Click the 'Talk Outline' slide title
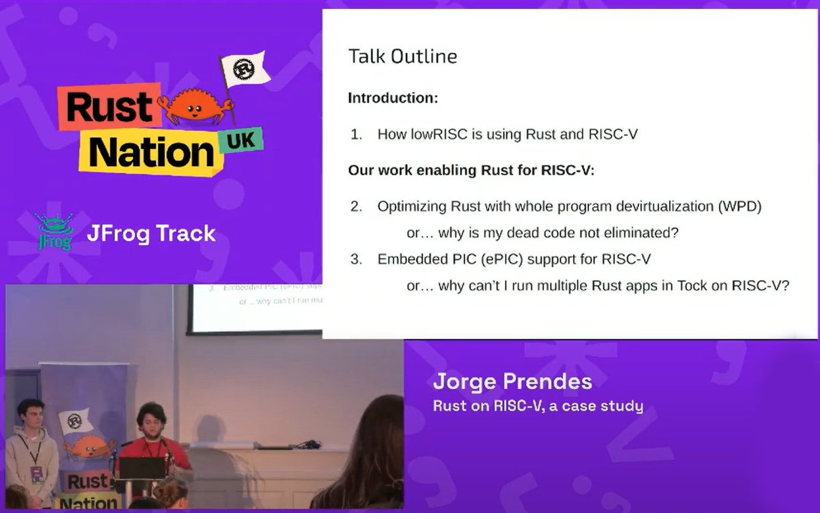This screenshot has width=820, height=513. click(402, 56)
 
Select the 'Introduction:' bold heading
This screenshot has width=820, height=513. click(393, 98)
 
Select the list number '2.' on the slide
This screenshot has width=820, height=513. click(356, 206)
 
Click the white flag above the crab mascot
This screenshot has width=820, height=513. click(245, 68)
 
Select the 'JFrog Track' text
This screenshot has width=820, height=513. click(151, 234)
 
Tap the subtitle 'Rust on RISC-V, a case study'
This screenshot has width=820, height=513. click(538, 406)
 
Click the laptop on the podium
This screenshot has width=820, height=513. click(141, 469)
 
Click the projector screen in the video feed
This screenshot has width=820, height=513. click(256, 307)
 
